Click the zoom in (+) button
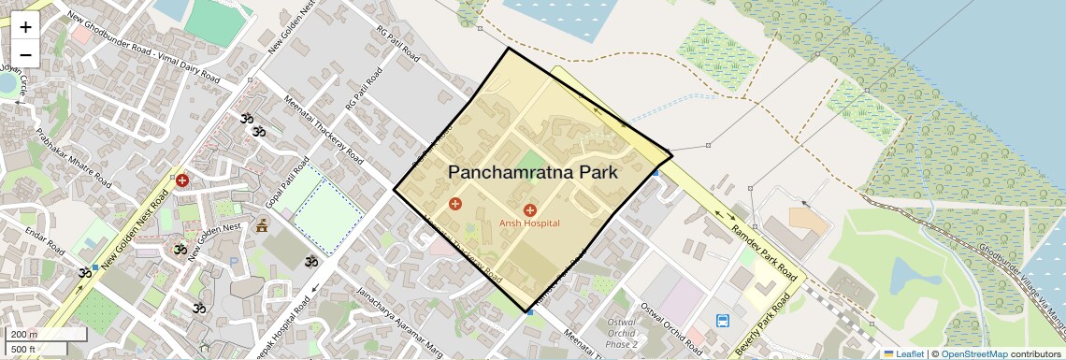coord(25,26)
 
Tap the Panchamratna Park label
coord(533,172)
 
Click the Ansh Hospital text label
coord(529,223)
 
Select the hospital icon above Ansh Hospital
coord(530,210)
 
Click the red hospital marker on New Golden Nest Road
coord(182,180)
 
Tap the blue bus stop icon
coord(723,321)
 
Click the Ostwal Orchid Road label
coord(670,322)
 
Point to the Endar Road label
coord(44,241)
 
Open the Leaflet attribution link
coord(903,353)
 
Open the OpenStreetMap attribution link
coord(973,353)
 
